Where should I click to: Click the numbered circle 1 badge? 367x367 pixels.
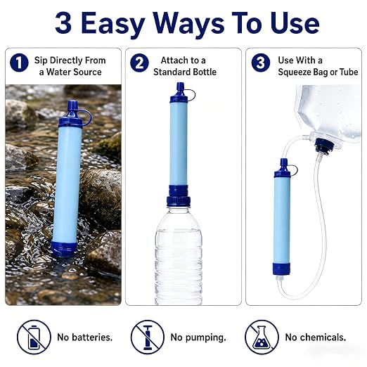19,63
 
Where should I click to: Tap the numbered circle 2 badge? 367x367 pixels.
139,63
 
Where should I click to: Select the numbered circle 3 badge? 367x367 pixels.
261,63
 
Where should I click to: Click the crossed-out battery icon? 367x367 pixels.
34,337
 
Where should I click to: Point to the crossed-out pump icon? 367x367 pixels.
148,337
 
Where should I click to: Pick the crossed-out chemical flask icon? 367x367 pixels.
262,337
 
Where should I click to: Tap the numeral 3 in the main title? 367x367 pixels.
63,23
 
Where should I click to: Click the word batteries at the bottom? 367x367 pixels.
92,337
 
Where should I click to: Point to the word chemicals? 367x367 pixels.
323,337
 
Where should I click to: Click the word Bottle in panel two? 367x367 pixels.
202,72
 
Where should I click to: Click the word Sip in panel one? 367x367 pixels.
41,60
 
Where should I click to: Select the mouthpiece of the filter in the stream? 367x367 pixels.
72,105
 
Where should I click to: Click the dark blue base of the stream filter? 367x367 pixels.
64,249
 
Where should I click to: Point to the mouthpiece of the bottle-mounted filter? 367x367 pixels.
180,86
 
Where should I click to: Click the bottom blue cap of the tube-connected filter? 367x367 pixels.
281,269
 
